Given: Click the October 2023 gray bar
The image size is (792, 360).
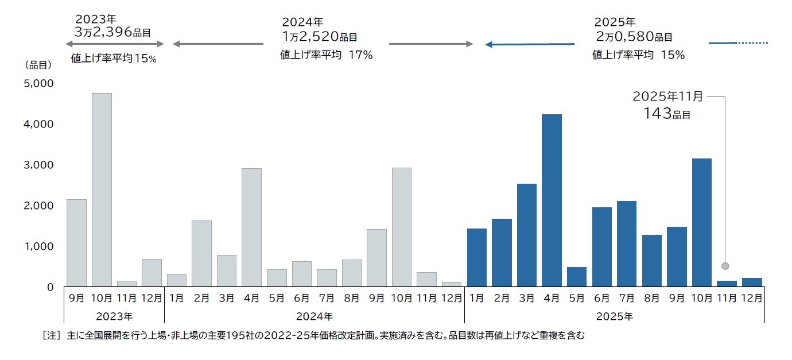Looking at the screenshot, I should click(x=102, y=189).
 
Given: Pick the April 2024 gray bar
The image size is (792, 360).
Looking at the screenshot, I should click(x=251, y=227).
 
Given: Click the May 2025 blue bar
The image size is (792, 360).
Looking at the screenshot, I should click(x=577, y=277).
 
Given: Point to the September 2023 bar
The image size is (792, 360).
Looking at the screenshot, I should click(x=76, y=242).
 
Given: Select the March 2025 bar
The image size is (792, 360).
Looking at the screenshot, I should click(x=526, y=235).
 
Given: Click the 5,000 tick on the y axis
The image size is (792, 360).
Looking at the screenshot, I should click(x=38, y=83).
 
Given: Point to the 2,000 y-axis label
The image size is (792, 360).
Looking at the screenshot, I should click(x=38, y=206).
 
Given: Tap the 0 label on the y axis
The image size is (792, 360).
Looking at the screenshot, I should click(x=50, y=287).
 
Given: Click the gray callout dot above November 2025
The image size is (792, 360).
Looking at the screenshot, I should click(x=725, y=266).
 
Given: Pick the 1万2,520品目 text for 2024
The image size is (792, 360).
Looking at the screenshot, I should click(x=319, y=37).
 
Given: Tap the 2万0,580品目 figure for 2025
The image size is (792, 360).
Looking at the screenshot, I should click(x=634, y=37).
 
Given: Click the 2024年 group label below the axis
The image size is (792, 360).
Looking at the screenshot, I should click(x=314, y=316).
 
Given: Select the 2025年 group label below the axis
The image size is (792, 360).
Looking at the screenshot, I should click(x=614, y=316).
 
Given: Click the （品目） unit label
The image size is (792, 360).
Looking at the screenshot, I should click(x=38, y=65).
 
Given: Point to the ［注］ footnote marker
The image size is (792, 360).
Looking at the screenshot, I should click(x=52, y=335).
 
